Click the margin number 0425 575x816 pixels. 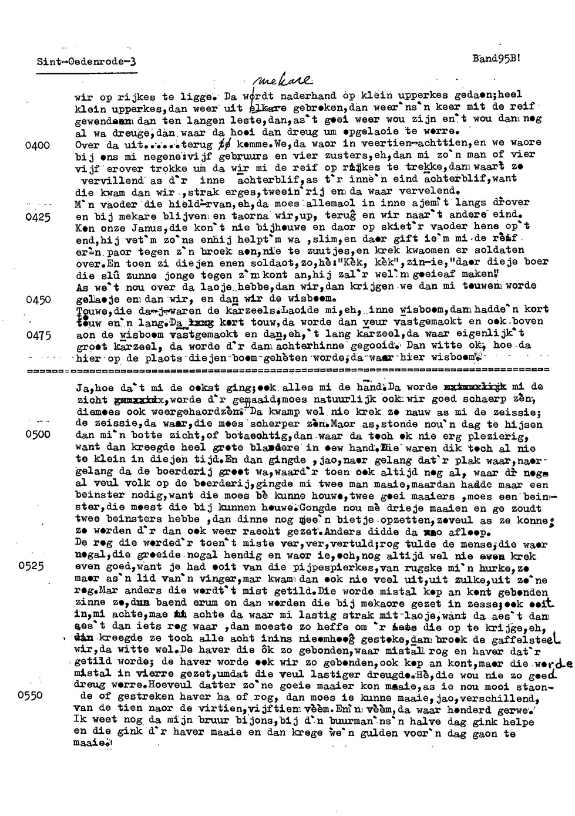tap(38, 216)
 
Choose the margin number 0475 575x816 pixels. tap(38, 335)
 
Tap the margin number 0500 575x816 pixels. tap(38, 435)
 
